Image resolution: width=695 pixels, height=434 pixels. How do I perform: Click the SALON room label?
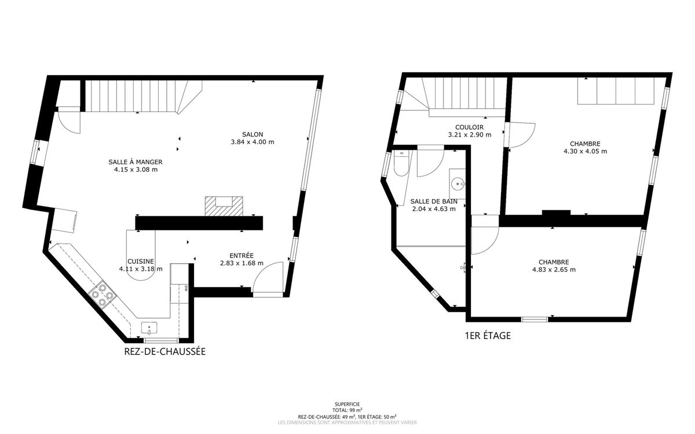pos(253,134)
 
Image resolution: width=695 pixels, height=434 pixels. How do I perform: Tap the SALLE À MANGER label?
pos(136,162)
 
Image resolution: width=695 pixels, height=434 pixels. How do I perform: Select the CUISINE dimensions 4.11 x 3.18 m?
pos(141,269)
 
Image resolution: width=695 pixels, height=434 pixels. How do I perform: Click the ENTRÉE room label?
pos(242,255)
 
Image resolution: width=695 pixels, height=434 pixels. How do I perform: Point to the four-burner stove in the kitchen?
pos(103,295)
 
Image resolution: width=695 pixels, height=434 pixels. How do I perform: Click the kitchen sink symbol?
pos(149,328)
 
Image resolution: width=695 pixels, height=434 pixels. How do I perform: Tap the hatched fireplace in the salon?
pos(224,206)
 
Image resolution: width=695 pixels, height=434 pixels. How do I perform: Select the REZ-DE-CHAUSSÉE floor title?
pos(164,352)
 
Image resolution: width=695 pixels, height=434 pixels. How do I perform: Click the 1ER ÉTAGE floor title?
pos(488,336)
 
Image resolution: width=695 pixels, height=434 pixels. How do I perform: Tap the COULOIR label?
pos(470,127)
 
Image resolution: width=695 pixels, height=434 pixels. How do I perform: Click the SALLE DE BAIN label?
pos(434,201)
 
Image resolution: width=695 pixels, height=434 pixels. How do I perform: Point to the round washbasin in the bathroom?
pos(458,184)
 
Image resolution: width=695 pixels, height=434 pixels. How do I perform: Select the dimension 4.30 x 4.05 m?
pos(585,151)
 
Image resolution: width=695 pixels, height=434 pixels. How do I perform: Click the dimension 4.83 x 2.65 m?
pos(554,270)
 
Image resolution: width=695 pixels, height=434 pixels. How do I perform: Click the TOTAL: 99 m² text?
pos(347,410)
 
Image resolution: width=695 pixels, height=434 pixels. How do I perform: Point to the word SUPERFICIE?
pos(347,404)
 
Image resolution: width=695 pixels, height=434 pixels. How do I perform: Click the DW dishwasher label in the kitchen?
pos(186,288)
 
